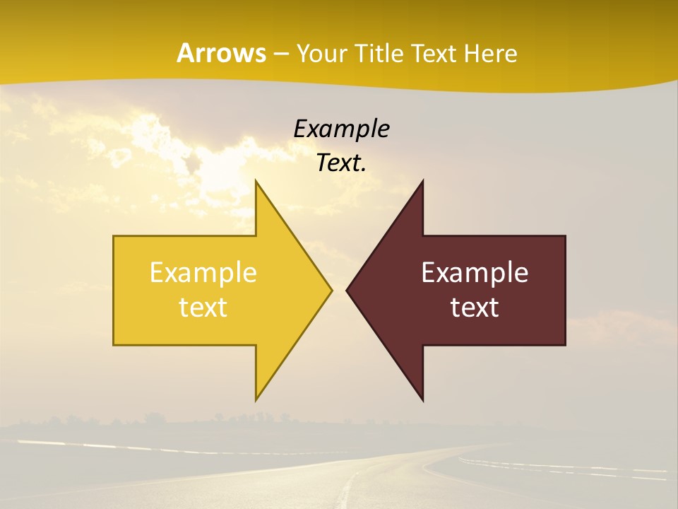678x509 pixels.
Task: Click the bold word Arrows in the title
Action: pyautogui.click(x=221, y=53)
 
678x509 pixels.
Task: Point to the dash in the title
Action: pyautogui.click(x=281, y=54)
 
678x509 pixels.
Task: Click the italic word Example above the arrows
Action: pyautogui.click(x=341, y=129)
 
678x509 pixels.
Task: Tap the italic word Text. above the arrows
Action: pyautogui.click(x=341, y=163)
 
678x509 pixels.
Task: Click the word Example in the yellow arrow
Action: pyautogui.click(x=203, y=272)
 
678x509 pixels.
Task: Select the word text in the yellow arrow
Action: pyautogui.click(x=203, y=307)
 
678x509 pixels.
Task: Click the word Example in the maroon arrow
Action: pyautogui.click(x=475, y=272)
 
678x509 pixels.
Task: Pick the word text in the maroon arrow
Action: pyautogui.click(x=475, y=307)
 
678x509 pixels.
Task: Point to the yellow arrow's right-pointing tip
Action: pyautogui.click(x=331, y=290)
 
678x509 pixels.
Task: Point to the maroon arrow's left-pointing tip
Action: pyautogui.click(x=348, y=290)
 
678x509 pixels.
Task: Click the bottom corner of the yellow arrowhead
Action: pyautogui.click(x=256, y=399)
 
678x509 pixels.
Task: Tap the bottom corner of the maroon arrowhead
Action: pyautogui.click(x=422, y=399)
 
